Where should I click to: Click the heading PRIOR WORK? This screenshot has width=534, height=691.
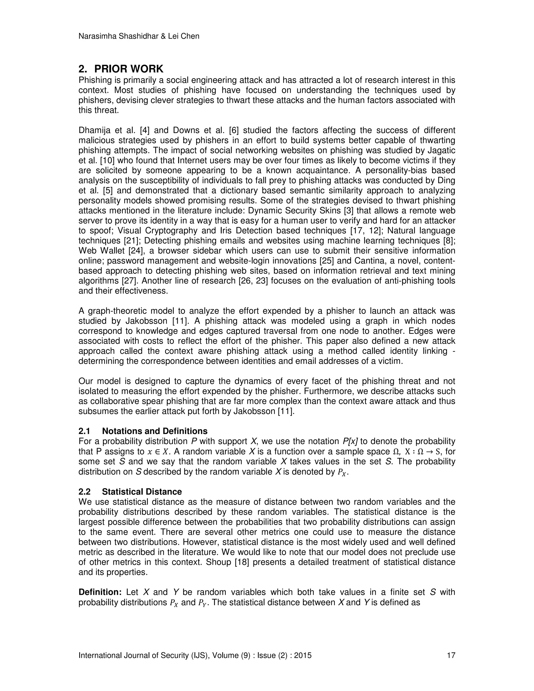pos(129,69)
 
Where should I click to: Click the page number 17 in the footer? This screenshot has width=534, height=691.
pos(451,656)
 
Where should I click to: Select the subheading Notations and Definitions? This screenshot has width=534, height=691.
pos(155,431)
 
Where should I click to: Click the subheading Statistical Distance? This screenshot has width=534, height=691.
pos(142,492)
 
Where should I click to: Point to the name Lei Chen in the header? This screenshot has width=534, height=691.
pos(186,37)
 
